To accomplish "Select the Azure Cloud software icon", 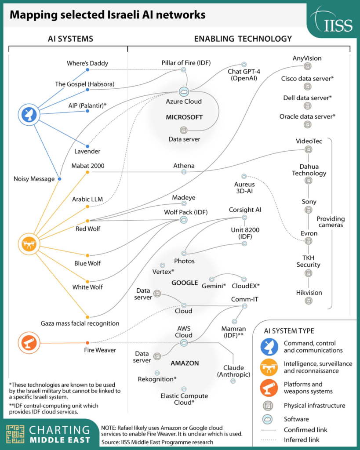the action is point(184,92).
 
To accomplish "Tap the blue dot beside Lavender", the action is point(87,146).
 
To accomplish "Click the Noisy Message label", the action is point(34,179).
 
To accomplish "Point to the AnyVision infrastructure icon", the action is point(307,66).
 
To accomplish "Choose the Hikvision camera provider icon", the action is point(308,301).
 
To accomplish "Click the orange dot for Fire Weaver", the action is point(87,343).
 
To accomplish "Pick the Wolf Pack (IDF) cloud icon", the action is point(183,220).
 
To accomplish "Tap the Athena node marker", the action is point(184,172).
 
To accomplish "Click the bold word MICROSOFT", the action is point(184,117).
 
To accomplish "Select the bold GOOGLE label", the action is point(185,283).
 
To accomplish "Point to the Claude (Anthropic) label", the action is point(234,371).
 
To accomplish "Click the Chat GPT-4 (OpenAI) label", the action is point(244,75).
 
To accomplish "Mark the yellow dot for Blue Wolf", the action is point(87,255).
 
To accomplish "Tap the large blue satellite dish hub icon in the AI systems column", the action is point(29,115).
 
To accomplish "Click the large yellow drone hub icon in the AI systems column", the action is point(29,244).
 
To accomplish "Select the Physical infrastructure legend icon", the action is point(268,406).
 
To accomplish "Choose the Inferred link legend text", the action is point(302,439).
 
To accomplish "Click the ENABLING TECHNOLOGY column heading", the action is point(243,39).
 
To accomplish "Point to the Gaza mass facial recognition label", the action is point(80,323).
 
